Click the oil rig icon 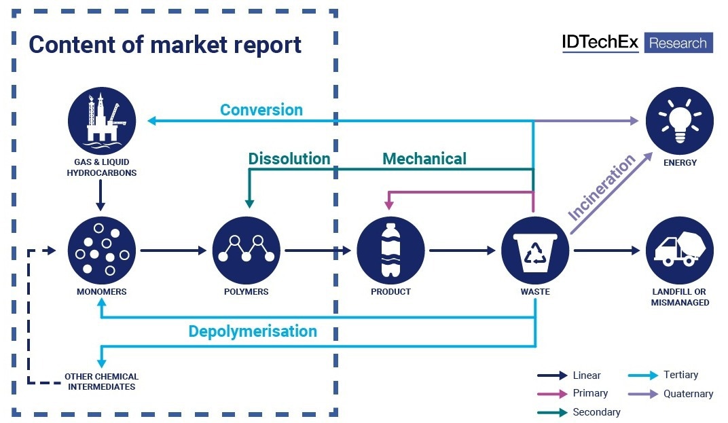tap(102, 121)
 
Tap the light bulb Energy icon tap(680, 121)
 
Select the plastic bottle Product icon tap(390, 251)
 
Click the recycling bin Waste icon tap(535, 251)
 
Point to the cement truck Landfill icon tap(680, 251)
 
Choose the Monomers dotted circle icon tap(102, 251)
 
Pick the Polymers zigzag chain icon tap(246, 251)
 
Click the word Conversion tap(261, 110)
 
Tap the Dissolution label tap(289, 159)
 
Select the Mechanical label tap(424, 159)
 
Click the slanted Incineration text tap(601, 187)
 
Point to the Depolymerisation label tap(253, 331)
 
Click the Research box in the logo tap(678, 43)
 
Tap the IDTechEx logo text tap(600, 42)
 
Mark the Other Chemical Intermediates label tap(102, 382)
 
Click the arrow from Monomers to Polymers tap(173, 251)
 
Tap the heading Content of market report tap(165, 45)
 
